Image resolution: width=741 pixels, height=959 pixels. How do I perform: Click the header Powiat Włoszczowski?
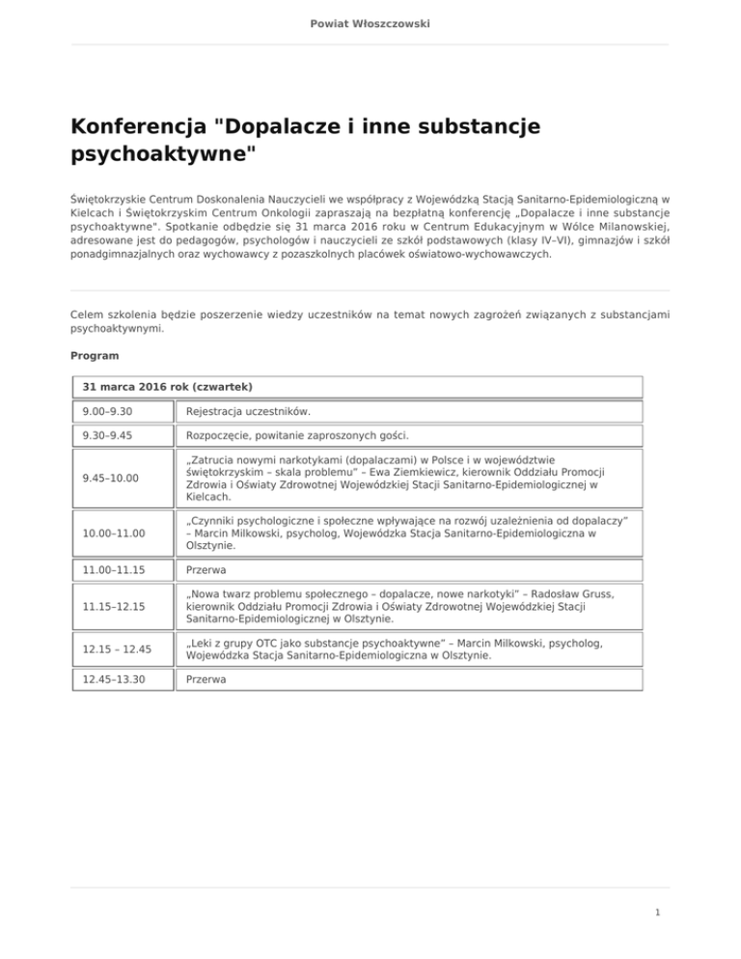pos(370,21)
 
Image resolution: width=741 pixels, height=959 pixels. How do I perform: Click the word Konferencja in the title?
pos(137,126)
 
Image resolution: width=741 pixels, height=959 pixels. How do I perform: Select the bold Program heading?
pos(93,355)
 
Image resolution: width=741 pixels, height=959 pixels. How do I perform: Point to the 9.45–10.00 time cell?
pos(108,479)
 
